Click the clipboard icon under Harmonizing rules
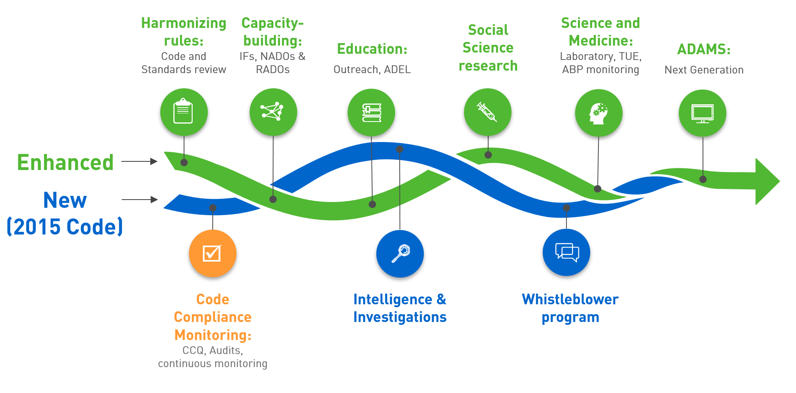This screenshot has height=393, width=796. pos(183,112)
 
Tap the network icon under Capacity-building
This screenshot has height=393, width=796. pos(273,112)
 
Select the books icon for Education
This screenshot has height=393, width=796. pos(371,113)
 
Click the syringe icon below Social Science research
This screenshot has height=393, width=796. pos(487,112)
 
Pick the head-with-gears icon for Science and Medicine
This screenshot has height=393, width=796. pos(598,113)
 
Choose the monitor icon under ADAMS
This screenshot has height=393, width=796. pos(703,113)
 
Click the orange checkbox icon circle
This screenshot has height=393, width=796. pos(213,253)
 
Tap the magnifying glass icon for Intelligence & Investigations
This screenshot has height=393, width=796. pos(400,253)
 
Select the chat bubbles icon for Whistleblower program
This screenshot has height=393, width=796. pos(566,253)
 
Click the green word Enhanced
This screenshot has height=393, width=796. pos(65,162)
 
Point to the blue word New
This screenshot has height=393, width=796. pos(65,200)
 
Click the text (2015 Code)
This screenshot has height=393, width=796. pos(65,227)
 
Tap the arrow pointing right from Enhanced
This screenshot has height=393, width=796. pos(139,161)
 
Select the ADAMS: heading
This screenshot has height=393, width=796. pos(704,49)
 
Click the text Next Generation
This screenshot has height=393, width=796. pos(704,70)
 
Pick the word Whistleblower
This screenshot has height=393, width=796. pos(570,299)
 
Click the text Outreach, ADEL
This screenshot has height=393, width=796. pos(372,69)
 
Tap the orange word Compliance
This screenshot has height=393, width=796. pos(212,317)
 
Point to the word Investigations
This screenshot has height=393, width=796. pos(400,317)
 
